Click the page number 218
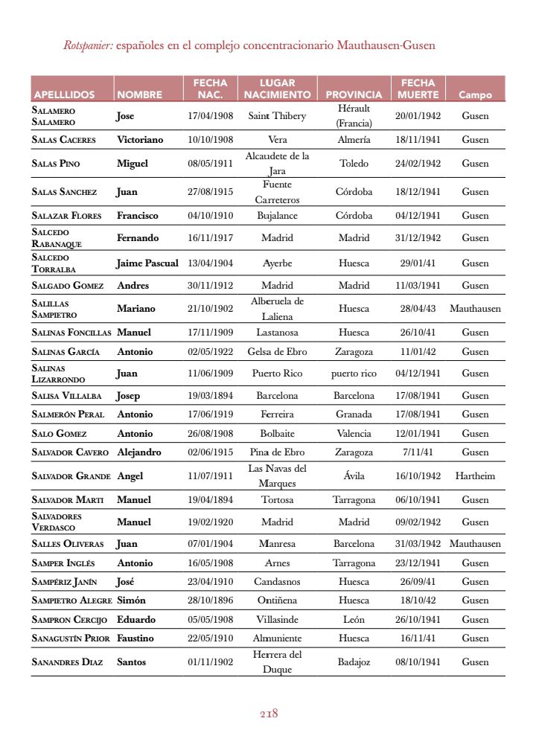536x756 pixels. click(269, 714)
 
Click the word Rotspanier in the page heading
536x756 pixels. click(88, 45)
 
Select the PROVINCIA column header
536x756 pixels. click(354, 94)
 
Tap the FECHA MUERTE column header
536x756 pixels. click(418, 89)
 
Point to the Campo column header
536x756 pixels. click(475, 94)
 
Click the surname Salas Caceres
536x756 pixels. click(66, 140)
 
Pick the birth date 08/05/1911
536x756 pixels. click(211, 164)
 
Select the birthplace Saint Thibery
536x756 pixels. click(277, 116)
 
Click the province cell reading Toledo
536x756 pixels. click(354, 164)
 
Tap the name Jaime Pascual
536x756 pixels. click(147, 263)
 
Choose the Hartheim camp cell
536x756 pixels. click(475, 476)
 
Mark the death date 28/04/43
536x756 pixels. click(418, 309)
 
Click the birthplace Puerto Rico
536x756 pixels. click(277, 374)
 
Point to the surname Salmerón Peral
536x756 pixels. click(68, 414)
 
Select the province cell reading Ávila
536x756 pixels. click(354, 476)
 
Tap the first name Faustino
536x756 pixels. click(135, 638)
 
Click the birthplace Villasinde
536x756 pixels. click(277, 620)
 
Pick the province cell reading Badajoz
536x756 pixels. click(354, 662)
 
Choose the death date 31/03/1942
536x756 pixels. click(418, 544)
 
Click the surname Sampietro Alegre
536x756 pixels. click(71, 600)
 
